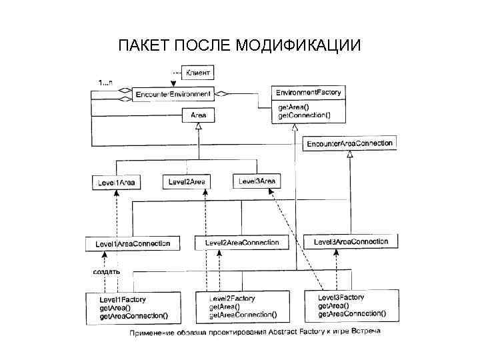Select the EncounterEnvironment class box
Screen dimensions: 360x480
click(x=173, y=95)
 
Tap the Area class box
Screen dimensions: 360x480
click(x=199, y=115)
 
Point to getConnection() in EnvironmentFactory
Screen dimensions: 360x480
click(x=304, y=115)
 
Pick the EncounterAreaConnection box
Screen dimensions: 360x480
click(x=350, y=143)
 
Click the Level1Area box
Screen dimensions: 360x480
click(x=117, y=182)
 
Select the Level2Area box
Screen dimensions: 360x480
click(x=187, y=181)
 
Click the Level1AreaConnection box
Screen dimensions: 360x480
click(x=133, y=244)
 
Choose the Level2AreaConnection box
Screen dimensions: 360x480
click(x=242, y=243)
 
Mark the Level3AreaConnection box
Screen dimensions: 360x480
click(x=351, y=241)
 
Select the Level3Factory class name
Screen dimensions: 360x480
click(x=341, y=297)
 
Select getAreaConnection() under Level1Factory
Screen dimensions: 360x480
click(x=134, y=316)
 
